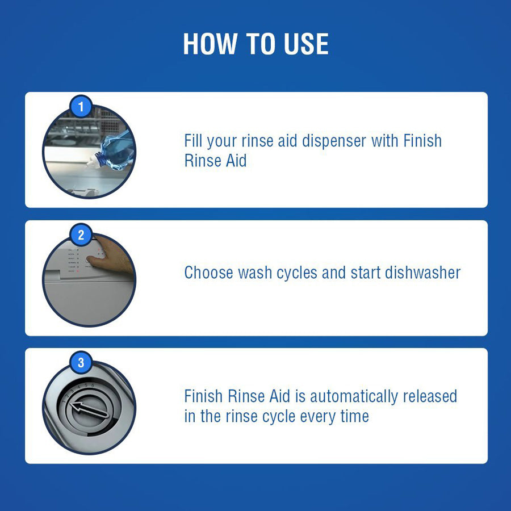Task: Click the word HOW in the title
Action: (x=210, y=44)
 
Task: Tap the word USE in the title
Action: (x=306, y=44)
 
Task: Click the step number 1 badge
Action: (x=81, y=106)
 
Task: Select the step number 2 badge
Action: (x=81, y=234)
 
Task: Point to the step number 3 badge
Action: (x=81, y=362)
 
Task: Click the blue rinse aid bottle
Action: (x=116, y=150)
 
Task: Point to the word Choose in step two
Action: (x=208, y=273)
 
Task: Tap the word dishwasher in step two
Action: (x=422, y=273)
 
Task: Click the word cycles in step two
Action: (x=296, y=273)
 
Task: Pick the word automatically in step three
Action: (x=354, y=397)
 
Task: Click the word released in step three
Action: (x=430, y=396)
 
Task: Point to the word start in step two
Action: (x=365, y=273)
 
